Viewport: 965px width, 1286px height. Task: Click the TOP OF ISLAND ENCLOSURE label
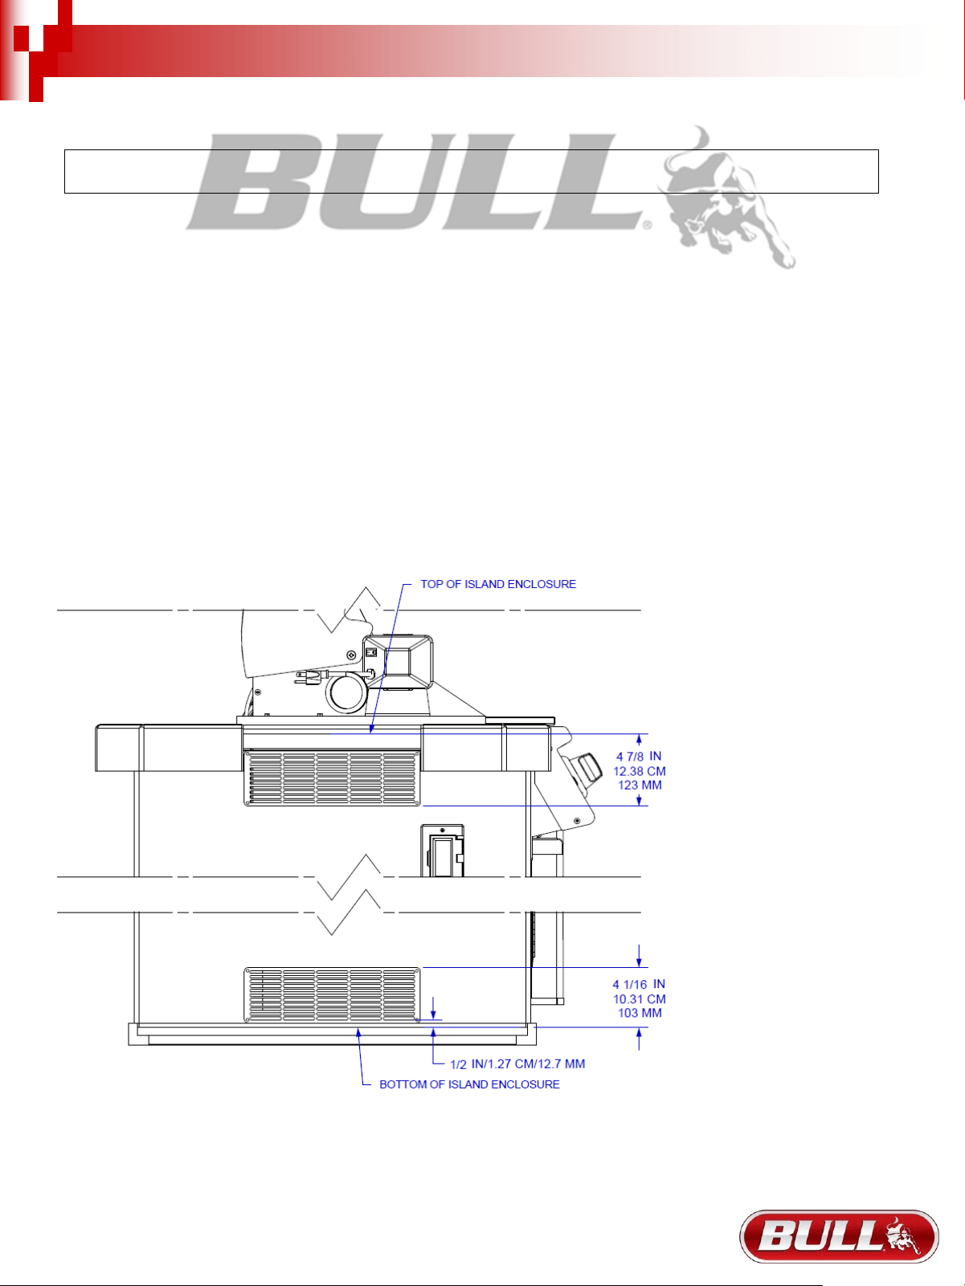498,584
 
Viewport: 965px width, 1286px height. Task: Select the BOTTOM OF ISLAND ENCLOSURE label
469,1084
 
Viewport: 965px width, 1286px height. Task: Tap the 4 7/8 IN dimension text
639,757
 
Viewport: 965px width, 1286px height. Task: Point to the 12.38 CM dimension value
640,771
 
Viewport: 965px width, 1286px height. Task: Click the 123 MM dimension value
640,785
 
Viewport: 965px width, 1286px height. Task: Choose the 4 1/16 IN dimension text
639,984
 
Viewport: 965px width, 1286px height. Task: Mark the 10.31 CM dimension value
640,999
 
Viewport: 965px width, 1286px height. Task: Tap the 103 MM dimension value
640,1013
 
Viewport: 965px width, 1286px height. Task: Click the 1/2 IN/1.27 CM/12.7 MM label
517,1064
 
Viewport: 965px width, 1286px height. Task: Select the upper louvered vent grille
332,778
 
